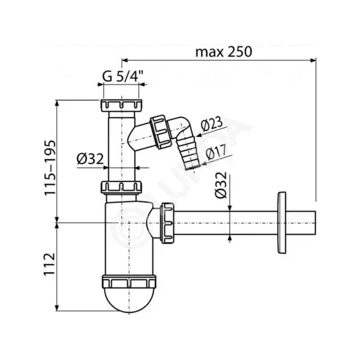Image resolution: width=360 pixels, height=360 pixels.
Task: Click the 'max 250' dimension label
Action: (x=224, y=52)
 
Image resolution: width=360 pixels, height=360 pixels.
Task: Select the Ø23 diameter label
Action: (x=212, y=124)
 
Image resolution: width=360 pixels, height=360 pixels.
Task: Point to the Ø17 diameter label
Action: (x=216, y=152)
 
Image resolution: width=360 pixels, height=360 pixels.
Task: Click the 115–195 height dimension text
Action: (x=50, y=168)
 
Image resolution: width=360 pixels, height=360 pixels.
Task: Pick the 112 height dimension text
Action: (x=50, y=264)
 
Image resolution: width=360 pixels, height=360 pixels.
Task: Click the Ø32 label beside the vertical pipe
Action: (x=90, y=159)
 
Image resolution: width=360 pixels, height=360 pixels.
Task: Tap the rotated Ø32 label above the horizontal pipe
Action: (x=221, y=185)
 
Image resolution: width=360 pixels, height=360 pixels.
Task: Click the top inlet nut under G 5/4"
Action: (x=121, y=105)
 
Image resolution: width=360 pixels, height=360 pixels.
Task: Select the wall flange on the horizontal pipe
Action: (x=281, y=223)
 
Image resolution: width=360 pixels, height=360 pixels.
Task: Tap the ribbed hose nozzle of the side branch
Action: (x=188, y=152)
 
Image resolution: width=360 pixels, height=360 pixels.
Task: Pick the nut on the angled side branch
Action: (x=161, y=132)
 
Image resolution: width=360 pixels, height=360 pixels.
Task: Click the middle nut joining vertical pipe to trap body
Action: (x=121, y=188)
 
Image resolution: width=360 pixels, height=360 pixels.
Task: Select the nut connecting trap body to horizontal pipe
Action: (x=168, y=223)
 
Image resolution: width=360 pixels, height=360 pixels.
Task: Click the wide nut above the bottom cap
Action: (x=129, y=281)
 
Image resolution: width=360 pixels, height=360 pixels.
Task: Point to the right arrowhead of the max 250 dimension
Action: (x=313, y=60)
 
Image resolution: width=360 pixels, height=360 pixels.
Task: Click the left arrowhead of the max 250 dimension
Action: (x=124, y=60)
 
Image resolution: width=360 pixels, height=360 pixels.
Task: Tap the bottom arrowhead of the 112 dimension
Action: (x=57, y=308)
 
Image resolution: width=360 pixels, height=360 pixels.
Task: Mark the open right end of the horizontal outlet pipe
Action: (x=316, y=223)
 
